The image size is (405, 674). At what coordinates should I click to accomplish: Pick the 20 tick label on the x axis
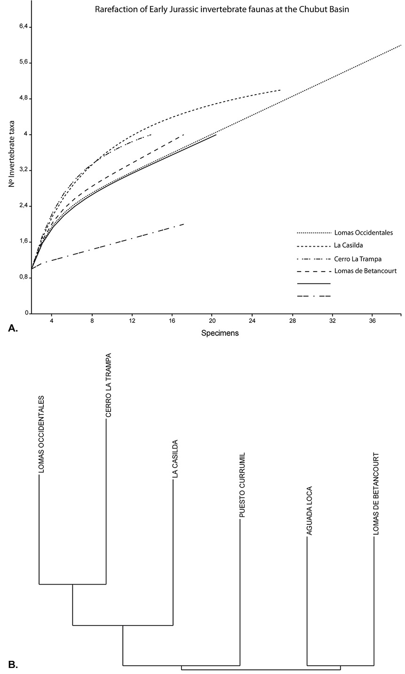(212, 321)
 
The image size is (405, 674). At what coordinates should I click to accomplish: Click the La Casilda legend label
(349, 245)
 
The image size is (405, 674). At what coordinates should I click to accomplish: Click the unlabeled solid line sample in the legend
(314, 283)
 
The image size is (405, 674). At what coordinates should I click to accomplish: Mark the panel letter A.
(13, 329)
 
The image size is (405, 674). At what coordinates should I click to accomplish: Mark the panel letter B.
(13, 665)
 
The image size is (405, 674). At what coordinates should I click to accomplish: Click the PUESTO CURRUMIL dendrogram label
(242, 485)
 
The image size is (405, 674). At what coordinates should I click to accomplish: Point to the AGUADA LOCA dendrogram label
(310, 511)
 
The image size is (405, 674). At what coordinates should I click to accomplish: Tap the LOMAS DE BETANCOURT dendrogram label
(376, 494)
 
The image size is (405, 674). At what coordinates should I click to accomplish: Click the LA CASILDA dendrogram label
(175, 459)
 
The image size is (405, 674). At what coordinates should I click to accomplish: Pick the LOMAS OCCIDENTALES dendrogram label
(41, 434)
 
